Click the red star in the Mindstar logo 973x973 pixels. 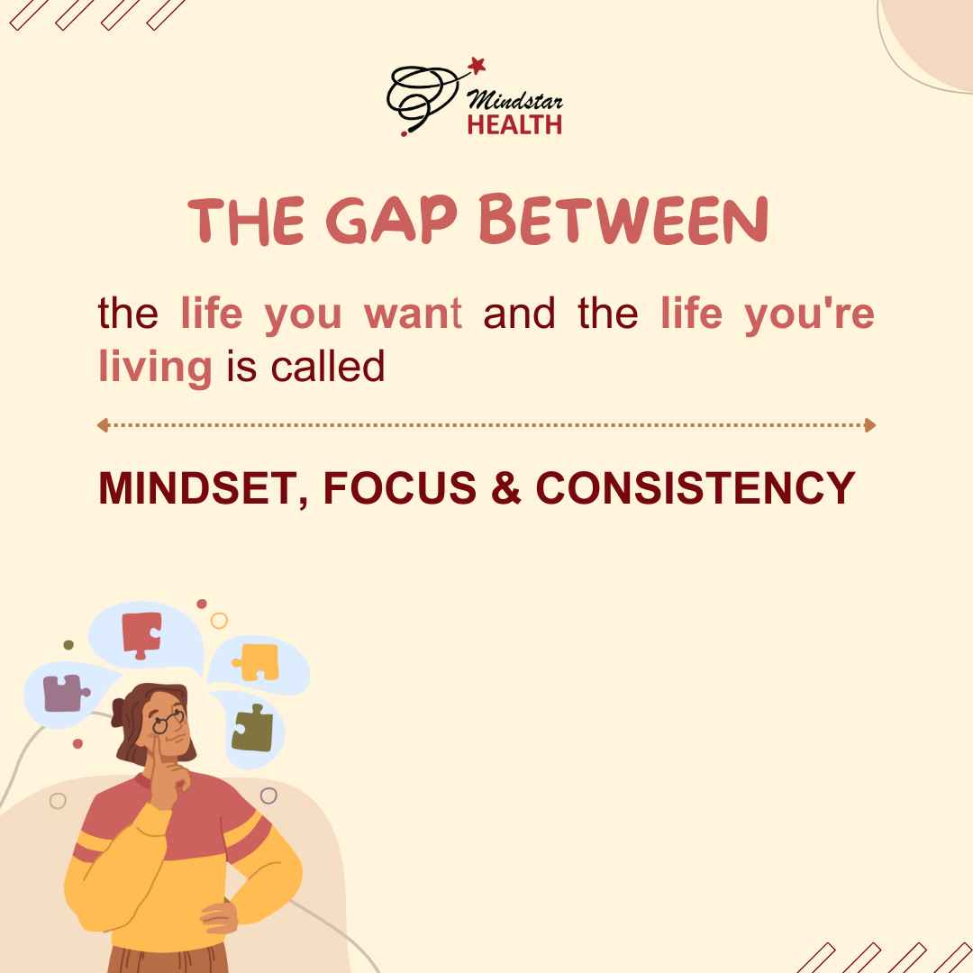(x=477, y=65)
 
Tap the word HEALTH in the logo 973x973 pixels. (x=514, y=124)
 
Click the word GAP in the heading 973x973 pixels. (x=392, y=222)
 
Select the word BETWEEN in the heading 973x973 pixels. (x=624, y=220)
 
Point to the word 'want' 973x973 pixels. (x=414, y=314)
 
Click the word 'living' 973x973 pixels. (x=155, y=368)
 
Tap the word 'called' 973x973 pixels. (x=328, y=366)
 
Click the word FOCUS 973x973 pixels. (x=400, y=487)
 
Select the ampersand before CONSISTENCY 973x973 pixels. (x=505, y=487)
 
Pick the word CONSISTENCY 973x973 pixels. (x=695, y=487)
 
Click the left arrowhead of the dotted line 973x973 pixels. (x=103, y=425)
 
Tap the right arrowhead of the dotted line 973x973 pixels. (x=870, y=425)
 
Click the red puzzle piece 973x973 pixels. (x=141, y=634)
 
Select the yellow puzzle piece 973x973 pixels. (x=257, y=662)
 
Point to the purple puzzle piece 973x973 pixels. (x=65, y=693)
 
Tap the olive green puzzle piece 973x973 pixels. (x=252, y=729)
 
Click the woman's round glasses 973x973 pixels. (x=168, y=721)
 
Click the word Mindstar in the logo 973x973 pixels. (x=514, y=99)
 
